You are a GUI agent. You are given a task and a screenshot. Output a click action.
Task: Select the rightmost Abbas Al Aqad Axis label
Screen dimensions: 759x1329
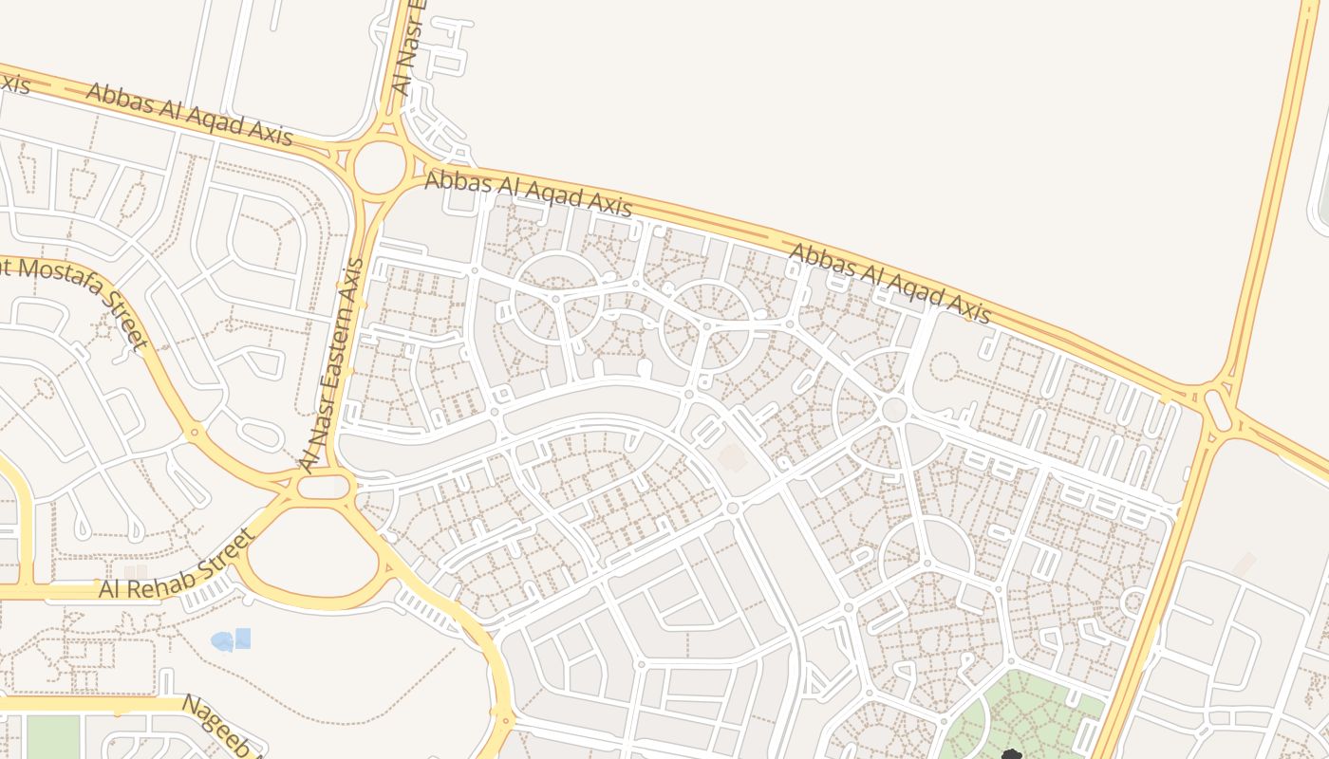[x=889, y=283]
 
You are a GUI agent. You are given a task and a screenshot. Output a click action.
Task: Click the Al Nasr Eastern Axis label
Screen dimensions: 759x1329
[x=332, y=365]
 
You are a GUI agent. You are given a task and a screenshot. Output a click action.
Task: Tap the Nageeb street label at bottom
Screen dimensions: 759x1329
[x=220, y=727]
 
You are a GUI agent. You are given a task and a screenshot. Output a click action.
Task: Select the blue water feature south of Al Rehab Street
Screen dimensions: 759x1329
[x=232, y=640]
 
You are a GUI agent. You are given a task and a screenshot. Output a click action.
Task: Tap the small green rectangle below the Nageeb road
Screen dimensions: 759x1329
[x=52, y=737]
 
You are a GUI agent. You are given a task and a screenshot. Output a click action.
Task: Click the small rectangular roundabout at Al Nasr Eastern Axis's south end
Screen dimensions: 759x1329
[x=324, y=488]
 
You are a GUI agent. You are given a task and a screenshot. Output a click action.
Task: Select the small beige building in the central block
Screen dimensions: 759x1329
[x=732, y=459]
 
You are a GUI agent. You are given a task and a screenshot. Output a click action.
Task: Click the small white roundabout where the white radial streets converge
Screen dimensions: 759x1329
[x=893, y=410]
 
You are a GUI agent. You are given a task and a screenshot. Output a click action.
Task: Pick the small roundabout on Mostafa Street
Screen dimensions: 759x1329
[x=195, y=433]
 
